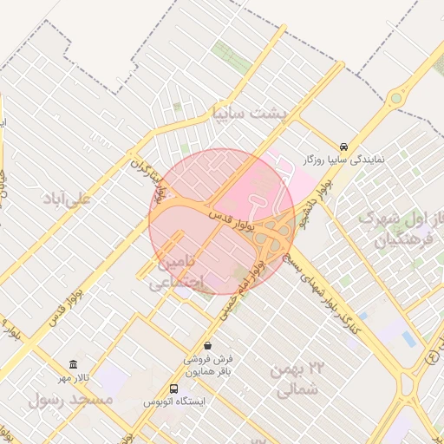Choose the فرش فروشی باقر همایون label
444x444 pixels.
207,364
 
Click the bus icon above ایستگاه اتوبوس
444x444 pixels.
174,388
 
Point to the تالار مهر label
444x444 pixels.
75,378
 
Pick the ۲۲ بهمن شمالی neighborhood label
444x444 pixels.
295,380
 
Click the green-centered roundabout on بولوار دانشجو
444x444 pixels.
396,98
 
